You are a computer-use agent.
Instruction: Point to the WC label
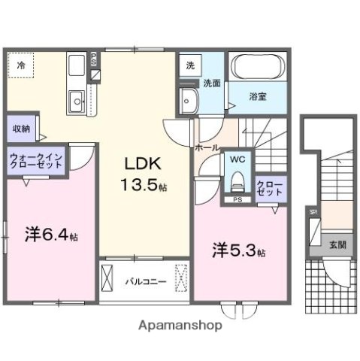[236, 159]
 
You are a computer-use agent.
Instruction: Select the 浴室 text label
[258, 96]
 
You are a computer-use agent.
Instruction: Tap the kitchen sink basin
[76, 100]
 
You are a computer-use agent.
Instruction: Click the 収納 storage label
[20, 129]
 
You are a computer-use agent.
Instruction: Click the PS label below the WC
[237, 200]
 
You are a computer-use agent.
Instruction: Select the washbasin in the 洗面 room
[189, 99]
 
